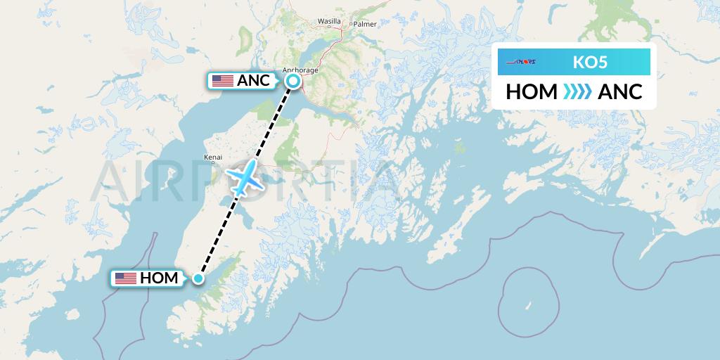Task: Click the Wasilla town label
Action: [329, 22]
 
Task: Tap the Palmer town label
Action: [366, 24]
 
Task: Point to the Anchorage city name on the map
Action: [300, 70]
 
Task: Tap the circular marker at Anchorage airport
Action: [293, 82]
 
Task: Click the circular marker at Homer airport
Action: [198, 278]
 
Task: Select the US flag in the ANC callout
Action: [223, 81]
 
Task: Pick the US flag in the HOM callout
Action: [126, 278]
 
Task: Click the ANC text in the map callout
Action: [253, 81]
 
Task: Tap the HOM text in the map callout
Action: [159, 278]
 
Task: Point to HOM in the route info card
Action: [531, 91]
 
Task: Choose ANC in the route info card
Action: [619, 91]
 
